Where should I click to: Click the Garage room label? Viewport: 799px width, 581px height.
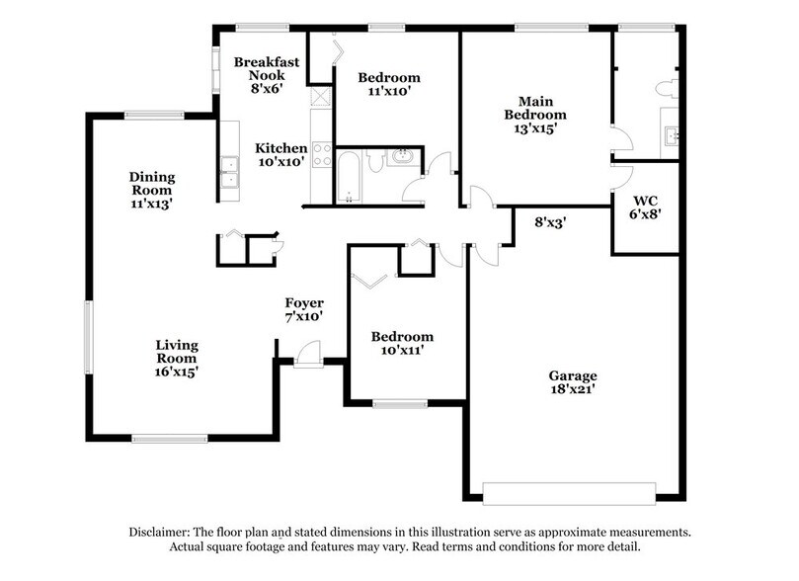click(573, 382)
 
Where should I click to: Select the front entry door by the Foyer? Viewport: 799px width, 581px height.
click(308, 354)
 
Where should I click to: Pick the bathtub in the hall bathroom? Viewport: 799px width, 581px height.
click(350, 176)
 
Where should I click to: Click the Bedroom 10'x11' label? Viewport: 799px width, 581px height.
click(401, 343)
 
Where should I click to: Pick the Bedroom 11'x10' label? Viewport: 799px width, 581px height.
click(389, 84)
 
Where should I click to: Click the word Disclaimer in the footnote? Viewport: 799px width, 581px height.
click(163, 532)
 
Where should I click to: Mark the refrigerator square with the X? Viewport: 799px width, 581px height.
click(321, 97)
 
